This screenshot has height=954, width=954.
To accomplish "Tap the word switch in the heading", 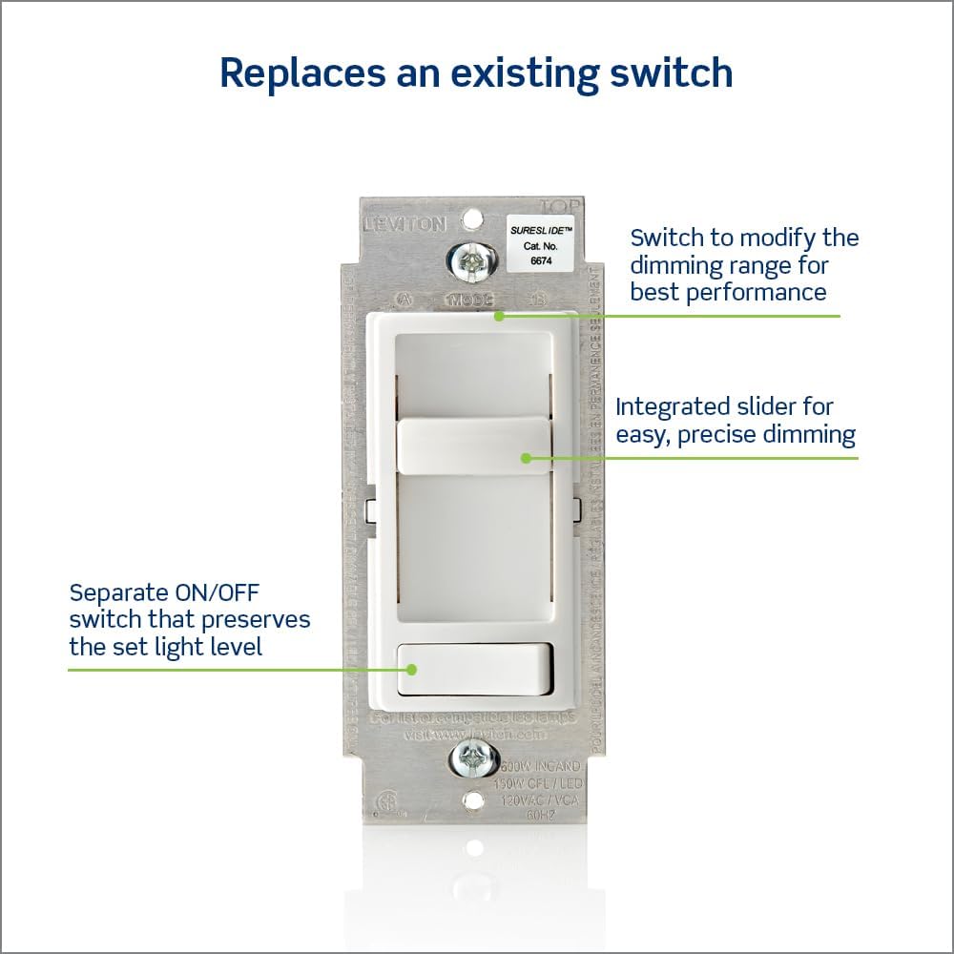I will click(667, 73).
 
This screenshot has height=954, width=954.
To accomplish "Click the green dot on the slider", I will click(525, 458).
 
